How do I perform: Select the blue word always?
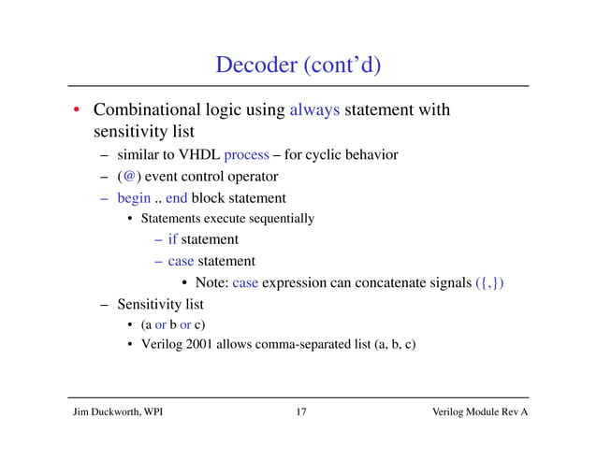pyautogui.click(x=315, y=110)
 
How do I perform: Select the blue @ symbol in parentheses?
pyautogui.click(x=128, y=176)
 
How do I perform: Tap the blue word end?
pyautogui.click(x=177, y=197)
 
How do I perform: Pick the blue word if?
pyautogui.click(x=173, y=239)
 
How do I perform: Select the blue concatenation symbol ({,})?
pyautogui.click(x=488, y=283)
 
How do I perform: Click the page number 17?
pyautogui.click(x=298, y=411)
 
